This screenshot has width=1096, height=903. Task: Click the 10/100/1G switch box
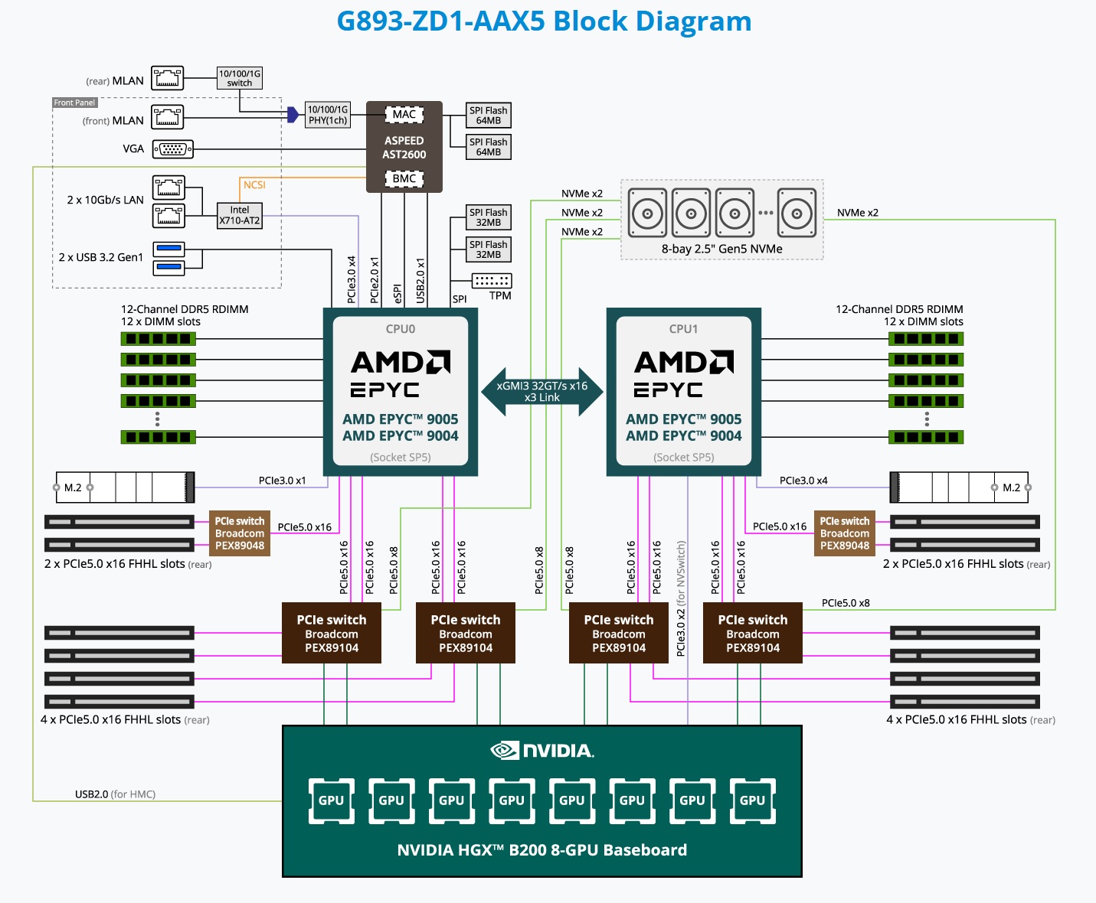click(240, 78)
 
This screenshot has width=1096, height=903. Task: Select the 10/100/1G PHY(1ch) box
click(328, 115)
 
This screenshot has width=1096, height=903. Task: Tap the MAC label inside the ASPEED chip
click(404, 114)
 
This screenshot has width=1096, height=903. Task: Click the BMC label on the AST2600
click(404, 179)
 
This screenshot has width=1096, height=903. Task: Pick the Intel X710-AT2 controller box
click(240, 216)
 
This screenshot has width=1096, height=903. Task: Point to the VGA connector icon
click(172, 149)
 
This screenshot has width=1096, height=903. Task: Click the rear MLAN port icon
click(168, 78)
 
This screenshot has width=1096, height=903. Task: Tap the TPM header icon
click(492, 281)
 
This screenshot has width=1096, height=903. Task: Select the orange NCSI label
click(254, 185)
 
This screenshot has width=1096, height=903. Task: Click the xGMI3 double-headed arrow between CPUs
click(541, 392)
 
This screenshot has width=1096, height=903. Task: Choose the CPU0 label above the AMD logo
click(401, 329)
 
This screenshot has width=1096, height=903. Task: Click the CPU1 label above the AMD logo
click(683, 329)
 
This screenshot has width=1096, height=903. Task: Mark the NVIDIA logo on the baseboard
click(542, 751)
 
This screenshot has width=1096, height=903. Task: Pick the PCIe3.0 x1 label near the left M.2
click(283, 481)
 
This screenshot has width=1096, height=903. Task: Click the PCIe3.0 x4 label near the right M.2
click(803, 481)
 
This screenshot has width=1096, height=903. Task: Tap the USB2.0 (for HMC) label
click(115, 794)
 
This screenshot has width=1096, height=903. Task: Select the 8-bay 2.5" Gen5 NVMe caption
click(721, 249)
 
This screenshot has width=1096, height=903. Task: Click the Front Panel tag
click(74, 103)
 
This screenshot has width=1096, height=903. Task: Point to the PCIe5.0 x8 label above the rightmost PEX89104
click(846, 603)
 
